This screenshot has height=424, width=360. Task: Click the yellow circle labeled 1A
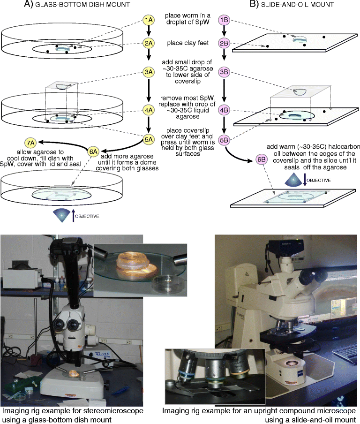(149, 21)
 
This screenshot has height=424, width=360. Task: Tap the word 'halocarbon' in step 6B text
(345, 147)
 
